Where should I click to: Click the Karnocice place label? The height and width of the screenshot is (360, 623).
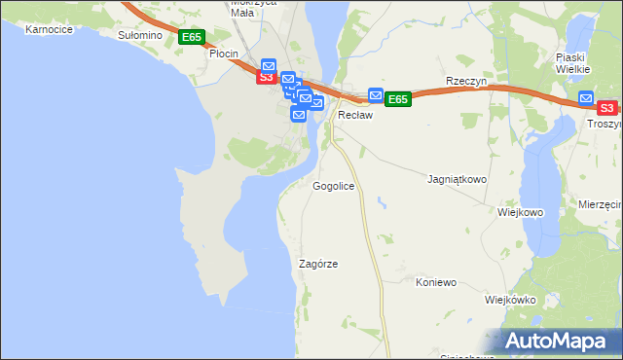50,30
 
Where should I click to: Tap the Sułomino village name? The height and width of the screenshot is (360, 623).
139,35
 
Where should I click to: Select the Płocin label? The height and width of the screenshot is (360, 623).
225,54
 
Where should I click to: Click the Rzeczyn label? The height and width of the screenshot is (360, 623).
465,81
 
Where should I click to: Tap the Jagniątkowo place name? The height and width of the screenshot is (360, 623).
458,180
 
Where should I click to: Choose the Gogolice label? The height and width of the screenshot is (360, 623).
333,185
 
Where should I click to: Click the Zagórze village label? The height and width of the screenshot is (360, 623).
318,264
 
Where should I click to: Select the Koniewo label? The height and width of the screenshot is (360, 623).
436,282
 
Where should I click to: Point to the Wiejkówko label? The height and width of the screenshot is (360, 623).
510,300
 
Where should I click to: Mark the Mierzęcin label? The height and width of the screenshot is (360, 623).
600,205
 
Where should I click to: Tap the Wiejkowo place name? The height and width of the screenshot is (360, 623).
520,212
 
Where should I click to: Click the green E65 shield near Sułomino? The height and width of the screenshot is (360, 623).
192,37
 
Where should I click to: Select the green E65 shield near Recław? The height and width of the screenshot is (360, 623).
397,99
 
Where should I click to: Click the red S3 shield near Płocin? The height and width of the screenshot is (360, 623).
266,76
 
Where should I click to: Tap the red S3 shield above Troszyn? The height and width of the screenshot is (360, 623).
606,108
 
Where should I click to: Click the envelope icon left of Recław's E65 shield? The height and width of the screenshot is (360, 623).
376,94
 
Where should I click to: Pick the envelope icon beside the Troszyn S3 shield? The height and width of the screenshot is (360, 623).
585,97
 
